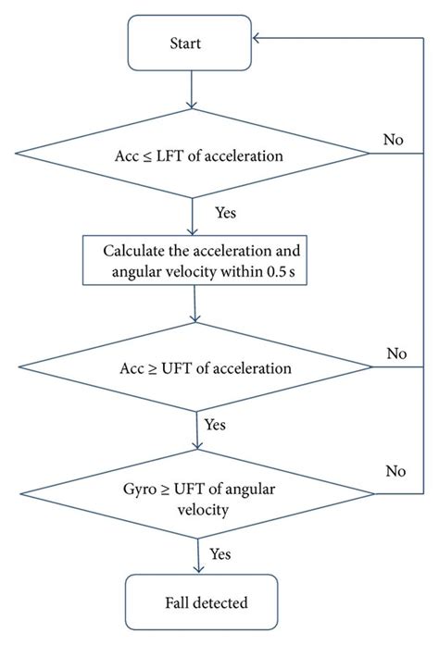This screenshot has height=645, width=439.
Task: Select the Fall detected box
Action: (201, 603)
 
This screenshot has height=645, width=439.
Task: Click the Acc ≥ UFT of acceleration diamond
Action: (197, 367)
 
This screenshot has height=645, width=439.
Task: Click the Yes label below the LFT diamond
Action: (226, 212)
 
